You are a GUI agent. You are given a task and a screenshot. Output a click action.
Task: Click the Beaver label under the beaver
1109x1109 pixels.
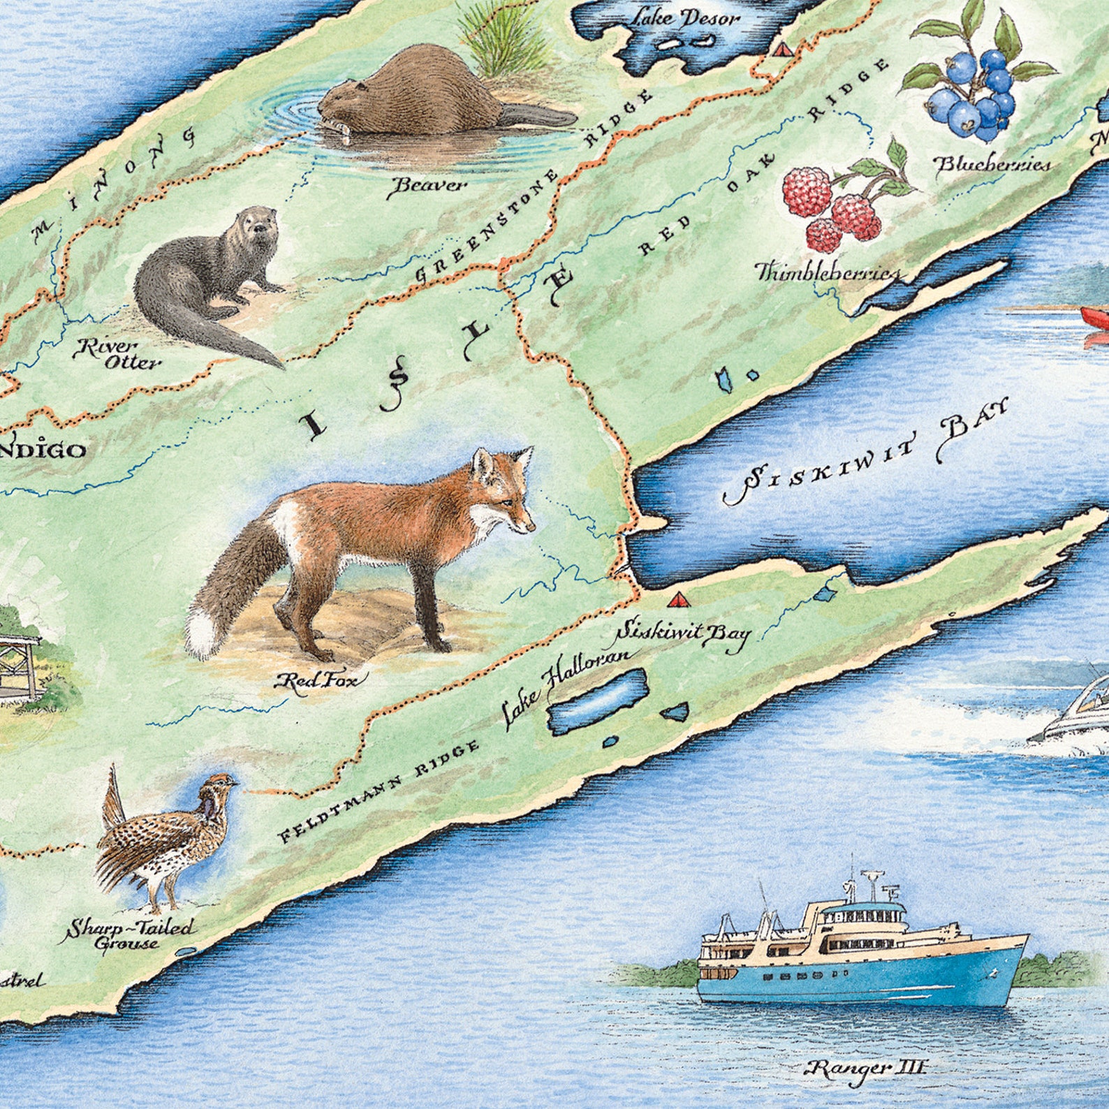(428, 186)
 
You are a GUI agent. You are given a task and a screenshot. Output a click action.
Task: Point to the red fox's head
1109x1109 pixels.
(504, 494)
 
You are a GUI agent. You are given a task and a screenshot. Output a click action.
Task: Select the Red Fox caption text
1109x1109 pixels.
(321, 680)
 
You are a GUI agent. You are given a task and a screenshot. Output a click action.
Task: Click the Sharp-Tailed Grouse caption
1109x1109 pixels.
(129, 935)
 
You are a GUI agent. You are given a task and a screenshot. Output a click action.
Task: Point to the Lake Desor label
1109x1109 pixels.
(684, 17)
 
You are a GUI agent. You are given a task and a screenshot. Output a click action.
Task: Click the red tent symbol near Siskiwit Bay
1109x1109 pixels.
(676, 598)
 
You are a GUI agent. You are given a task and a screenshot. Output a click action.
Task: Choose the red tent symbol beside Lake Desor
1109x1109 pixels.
(781, 50)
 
